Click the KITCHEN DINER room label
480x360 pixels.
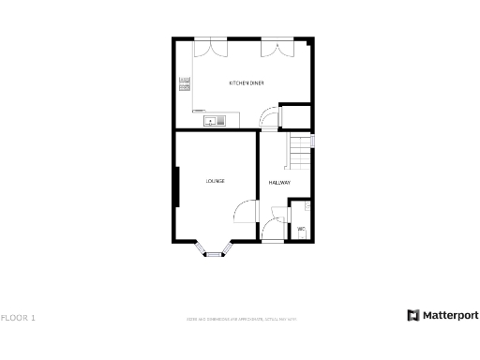[247, 83]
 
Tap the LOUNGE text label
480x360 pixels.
[216, 181]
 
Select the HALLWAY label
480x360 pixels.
[279, 182]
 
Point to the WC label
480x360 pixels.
[301, 229]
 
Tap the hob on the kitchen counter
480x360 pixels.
[185, 85]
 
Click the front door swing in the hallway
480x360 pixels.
[273, 229]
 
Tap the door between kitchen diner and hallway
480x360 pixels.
[269, 117]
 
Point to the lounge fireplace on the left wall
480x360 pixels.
[177, 187]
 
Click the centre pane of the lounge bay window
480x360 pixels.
[213, 253]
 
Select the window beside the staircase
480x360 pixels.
[313, 142]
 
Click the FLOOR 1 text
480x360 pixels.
[19, 318]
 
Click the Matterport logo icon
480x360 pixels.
[412, 315]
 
